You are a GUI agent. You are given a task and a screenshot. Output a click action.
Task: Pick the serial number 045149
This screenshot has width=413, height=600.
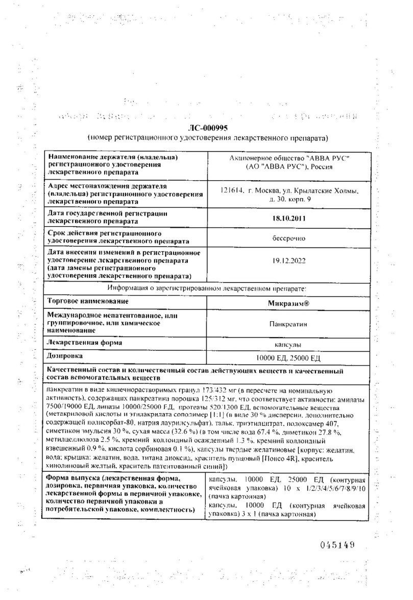337,545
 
